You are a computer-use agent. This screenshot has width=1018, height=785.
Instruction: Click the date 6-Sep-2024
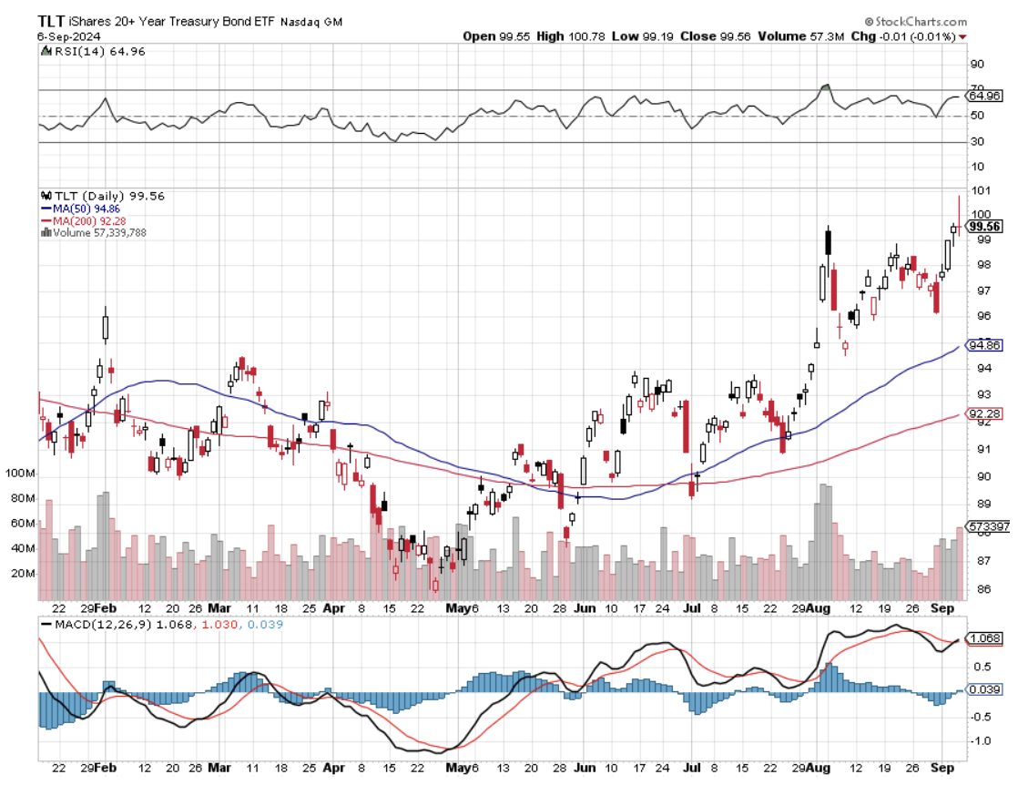(69, 36)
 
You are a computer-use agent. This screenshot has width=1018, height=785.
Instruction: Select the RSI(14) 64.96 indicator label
(88, 51)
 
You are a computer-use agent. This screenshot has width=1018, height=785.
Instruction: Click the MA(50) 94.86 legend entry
(87, 209)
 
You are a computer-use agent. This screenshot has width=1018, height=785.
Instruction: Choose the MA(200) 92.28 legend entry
(89, 220)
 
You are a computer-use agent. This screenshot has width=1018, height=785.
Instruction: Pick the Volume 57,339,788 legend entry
(97, 232)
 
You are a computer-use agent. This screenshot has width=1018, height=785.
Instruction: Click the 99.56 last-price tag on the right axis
(985, 227)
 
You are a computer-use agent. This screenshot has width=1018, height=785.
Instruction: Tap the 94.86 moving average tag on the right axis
(983, 345)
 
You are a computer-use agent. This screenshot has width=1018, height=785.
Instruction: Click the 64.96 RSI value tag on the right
(983, 95)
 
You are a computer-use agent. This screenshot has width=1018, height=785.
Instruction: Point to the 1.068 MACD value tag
(983, 638)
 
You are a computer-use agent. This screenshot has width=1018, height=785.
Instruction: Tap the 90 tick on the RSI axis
(977, 64)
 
